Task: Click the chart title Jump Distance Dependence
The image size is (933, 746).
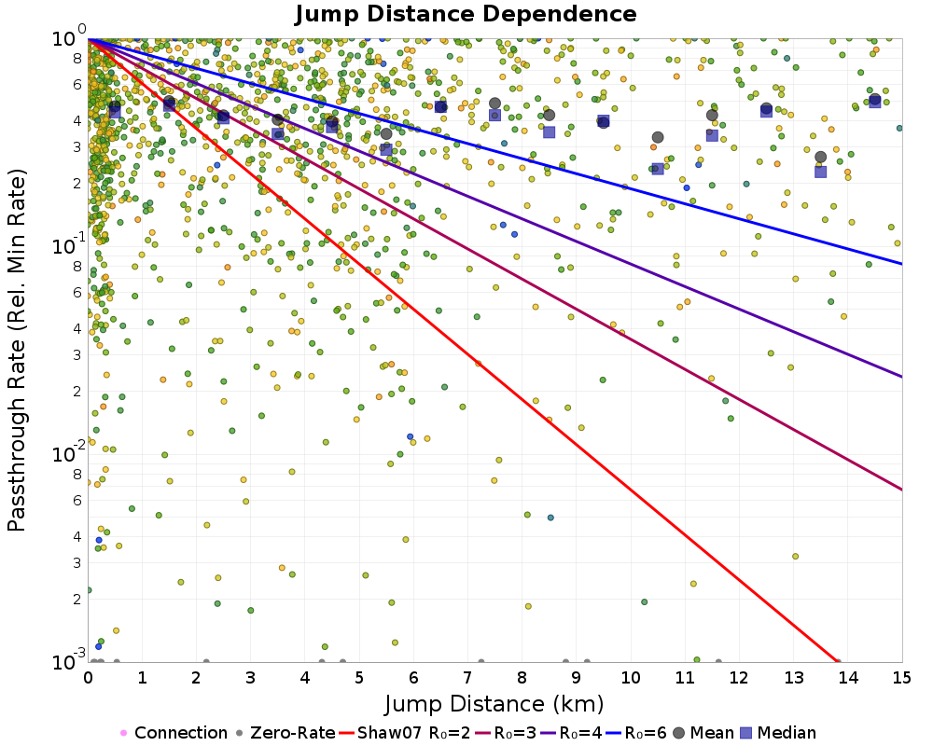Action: (x=466, y=14)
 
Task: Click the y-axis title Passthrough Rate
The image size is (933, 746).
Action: (x=17, y=351)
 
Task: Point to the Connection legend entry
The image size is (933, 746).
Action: (x=174, y=733)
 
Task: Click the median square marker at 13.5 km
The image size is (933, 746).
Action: (x=820, y=172)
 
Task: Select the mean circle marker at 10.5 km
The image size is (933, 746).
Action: (x=658, y=137)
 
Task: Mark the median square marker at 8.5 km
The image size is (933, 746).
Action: (x=550, y=132)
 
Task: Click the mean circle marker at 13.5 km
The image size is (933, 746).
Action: (x=820, y=158)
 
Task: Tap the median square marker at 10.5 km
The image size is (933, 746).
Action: (x=658, y=169)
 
